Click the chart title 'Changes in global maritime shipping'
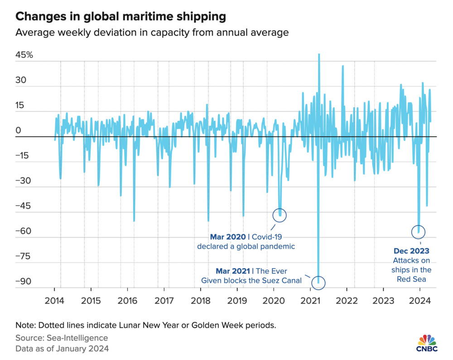point(120,17)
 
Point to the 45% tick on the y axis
point(24,55)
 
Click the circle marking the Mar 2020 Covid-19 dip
point(280,215)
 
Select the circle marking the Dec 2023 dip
point(419,232)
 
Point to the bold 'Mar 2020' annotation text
point(228,237)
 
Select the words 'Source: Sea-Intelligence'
point(62,338)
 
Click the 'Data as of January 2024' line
point(62,349)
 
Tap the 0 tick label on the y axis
point(19,131)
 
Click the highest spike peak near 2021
point(319,54)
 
